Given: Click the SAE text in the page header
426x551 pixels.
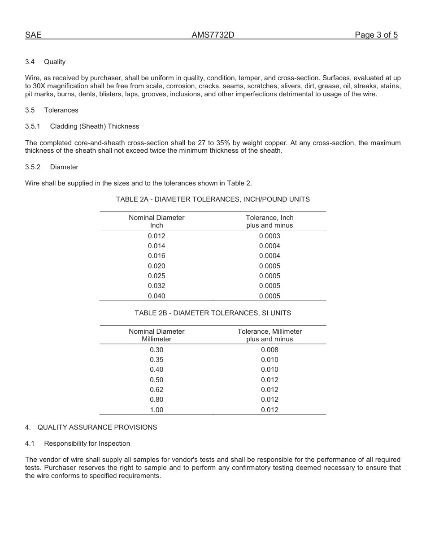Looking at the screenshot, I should pyautogui.click(x=33, y=35).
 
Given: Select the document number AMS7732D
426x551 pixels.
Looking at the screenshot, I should pyautogui.click(x=213, y=35).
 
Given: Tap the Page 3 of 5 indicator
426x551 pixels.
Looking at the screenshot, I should pyautogui.click(x=376, y=35).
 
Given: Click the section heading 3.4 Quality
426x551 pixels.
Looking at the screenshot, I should pyautogui.click(x=45, y=62).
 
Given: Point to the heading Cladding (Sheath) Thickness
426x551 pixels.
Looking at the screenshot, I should pyautogui.click(x=94, y=126).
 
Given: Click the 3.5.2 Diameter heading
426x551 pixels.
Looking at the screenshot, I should pyautogui.click(x=52, y=167).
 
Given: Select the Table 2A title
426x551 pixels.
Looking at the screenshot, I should pyautogui.click(x=213, y=199).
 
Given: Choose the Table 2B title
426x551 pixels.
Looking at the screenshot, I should pyautogui.click(x=213, y=313).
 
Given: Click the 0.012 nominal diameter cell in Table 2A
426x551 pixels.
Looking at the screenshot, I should pyautogui.click(x=156, y=236).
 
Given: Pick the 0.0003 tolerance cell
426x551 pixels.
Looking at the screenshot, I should pyautogui.click(x=270, y=236).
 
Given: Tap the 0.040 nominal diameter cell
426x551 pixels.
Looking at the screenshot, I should pyautogui.click(x=156, y=296).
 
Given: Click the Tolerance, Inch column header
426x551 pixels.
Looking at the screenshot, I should pyautogui.click(x=270, y=221).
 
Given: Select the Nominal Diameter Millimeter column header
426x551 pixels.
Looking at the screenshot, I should pyautogui.click(x=156, y=335).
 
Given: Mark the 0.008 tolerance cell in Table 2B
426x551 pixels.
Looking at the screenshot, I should pyautogui.click(x=270, y=350).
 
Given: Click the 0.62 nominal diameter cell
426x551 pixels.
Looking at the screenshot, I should pyautogui.click(x=156, y=390).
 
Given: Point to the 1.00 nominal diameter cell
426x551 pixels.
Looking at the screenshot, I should pyautogui.click(x=156, y=410).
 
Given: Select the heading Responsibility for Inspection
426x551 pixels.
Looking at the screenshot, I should pyautogui.click(x=87, y=443).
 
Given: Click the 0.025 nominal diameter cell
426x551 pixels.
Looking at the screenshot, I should pyautogui.click(x=156, y=276).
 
